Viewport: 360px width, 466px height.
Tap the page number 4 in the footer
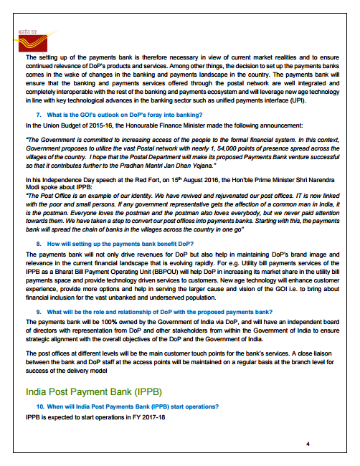tap(308, 444)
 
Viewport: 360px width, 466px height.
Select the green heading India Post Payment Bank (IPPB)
tap(93, 392)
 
